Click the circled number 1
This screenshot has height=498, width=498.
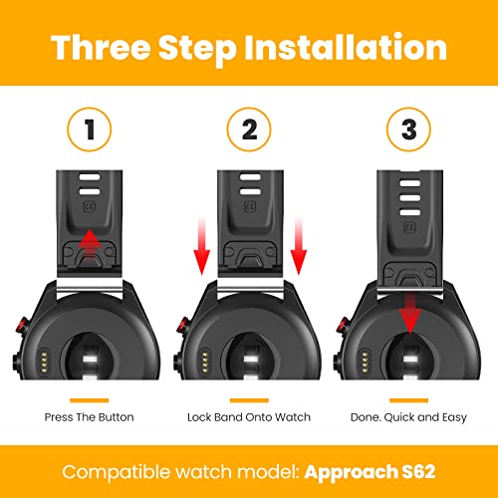click(90, 129)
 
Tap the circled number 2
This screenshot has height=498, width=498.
click(249, 129)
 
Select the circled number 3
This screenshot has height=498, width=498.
click(408, 129)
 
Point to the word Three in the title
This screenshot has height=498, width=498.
click(101, 48)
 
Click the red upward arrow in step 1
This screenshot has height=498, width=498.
click(89, 245)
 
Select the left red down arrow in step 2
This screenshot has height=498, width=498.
click(202, 246)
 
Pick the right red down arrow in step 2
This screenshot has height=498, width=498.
click(299, 246)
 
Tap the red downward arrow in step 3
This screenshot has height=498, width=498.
click(410, 313)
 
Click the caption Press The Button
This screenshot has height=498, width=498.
click(90, 417)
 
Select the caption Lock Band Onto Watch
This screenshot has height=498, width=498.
click(249, 417)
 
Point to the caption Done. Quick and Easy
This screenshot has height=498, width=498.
click(408, 417)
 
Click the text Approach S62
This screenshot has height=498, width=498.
click(370, 472)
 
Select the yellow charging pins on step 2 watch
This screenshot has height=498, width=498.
click(204, 362)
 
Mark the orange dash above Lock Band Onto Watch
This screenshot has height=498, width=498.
click(249, 400)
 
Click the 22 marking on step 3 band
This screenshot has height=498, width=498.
click(410, 228)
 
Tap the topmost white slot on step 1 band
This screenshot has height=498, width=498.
click(90, 177)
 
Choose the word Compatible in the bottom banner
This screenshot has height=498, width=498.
click(116, 472)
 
